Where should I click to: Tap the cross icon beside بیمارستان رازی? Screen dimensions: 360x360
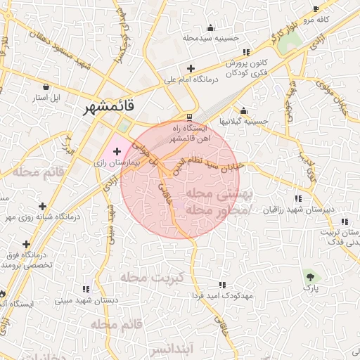(117, 151)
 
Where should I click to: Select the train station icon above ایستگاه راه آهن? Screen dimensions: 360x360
(188, 117)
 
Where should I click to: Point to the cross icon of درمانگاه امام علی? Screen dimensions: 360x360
(190, 68)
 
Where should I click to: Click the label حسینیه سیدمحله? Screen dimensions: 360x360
(210, 39)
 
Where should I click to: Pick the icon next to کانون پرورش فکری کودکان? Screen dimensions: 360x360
(245, 52)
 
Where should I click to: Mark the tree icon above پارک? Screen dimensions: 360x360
(309, 276)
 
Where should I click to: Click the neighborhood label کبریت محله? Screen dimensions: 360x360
(152, 278)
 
